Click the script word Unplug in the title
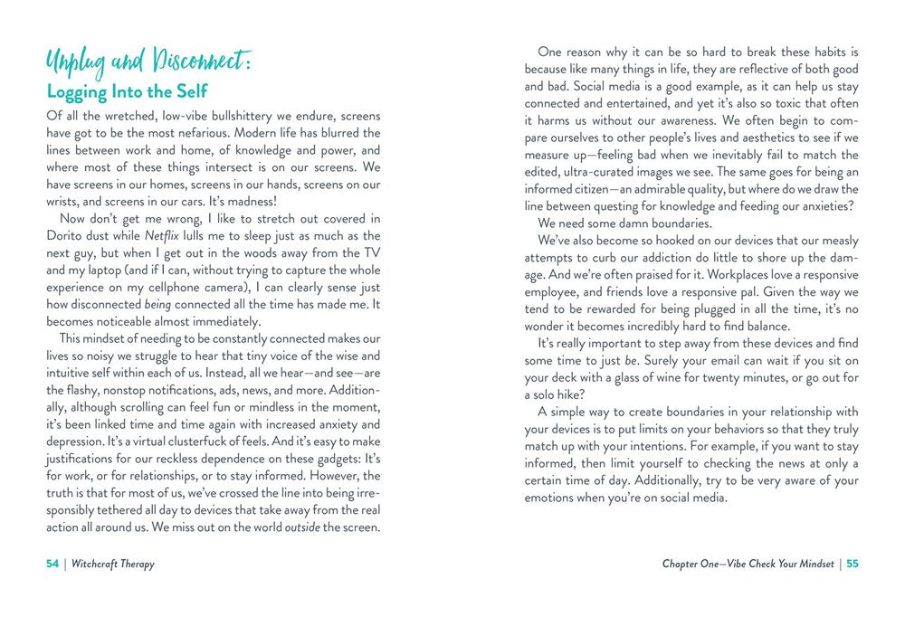coord(76,62)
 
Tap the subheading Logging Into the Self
coord(127,92)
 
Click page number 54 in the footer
coord(52,565)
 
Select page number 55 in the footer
coord(853,565)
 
